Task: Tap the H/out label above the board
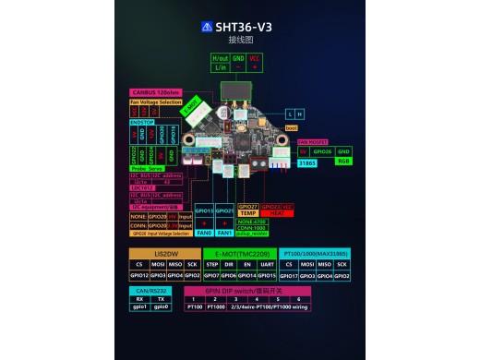pos(221,57)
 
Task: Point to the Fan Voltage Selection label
pos(155,102)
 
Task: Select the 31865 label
pos(306,164)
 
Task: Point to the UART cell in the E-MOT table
pos(267,265)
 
